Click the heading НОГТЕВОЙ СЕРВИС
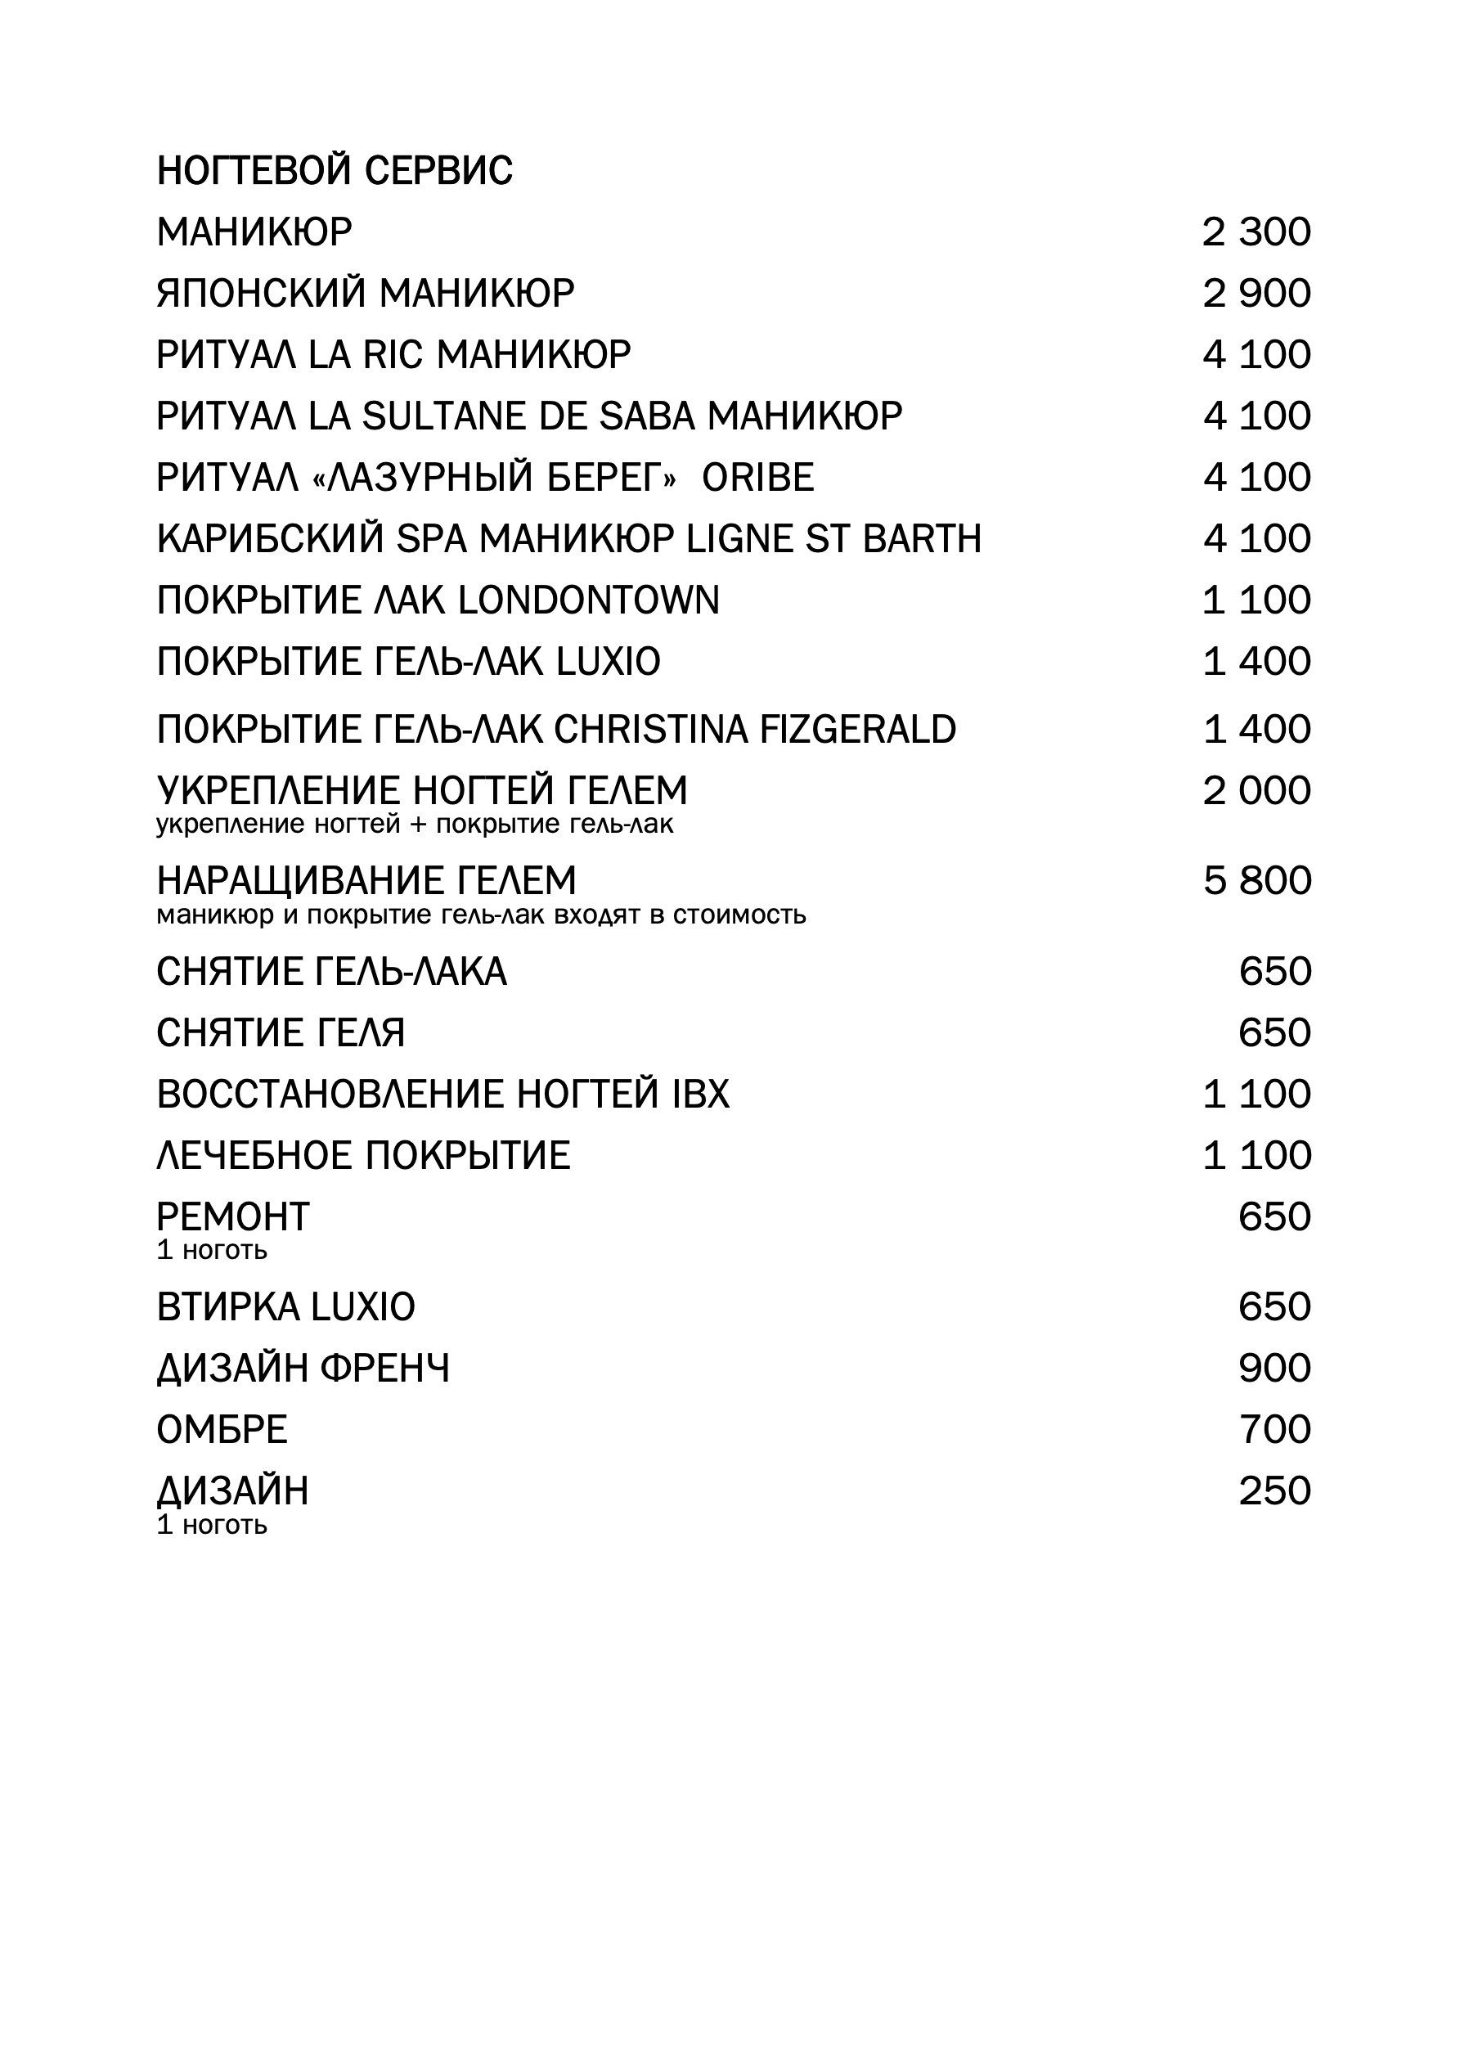[x=335, y=171]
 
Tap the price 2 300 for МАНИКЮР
[x=1256, y=232]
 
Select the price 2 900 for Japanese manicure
[x=1256, y=294]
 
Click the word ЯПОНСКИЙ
[x=262, y=294]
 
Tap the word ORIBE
[x=758, y=479]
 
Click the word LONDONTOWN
[x=589, y=601]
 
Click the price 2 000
[x=1256, y=792]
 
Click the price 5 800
[x=1256, y=882]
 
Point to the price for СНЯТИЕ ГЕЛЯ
[x=1274, y=1033]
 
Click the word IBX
[x=701, y=1095]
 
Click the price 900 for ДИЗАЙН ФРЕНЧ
[x=1274, y=1369]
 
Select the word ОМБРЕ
[x=222, y=1430]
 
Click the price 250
[x=1274, y=1492]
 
